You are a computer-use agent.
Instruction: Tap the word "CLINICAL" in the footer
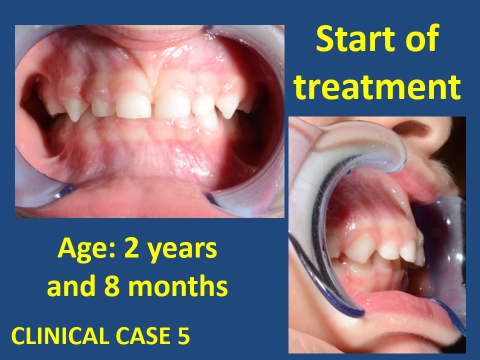tap(59, 336)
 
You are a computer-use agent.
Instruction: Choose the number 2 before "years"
tap(127, 249)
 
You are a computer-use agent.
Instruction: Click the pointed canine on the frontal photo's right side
tap(228, 106)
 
